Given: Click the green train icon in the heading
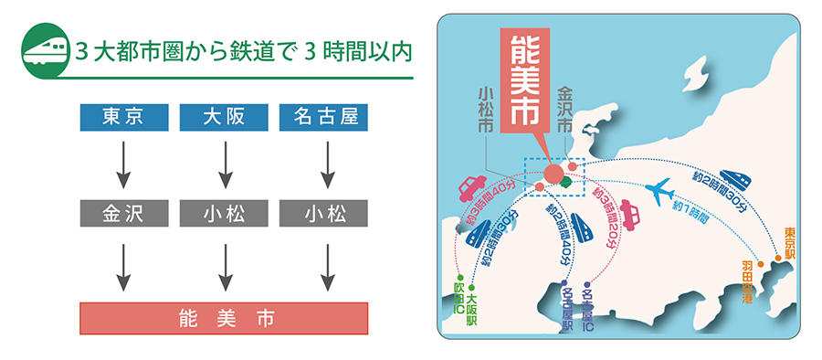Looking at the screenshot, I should pos(43,49).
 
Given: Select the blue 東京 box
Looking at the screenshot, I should pos(123,117).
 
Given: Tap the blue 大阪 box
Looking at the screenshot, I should pos(224,117).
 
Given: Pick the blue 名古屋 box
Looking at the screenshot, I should pos(324,117).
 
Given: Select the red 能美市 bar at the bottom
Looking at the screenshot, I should pos(224,318).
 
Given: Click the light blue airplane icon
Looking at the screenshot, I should pos(664,191).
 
